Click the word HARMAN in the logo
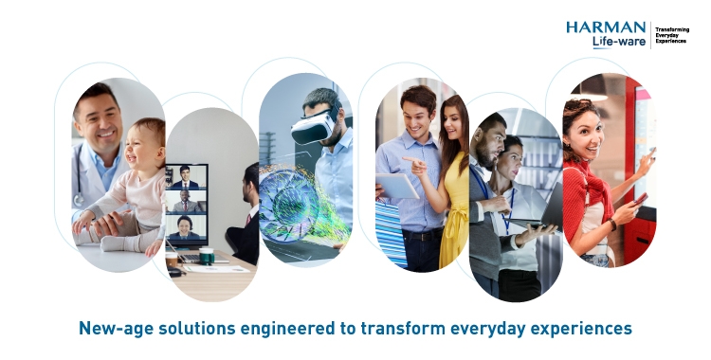pyautogui.click(x=606, y=27)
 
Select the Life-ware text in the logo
pyautogui.click(x=619, y=43)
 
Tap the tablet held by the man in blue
pyautogui.click(x=398, y=186)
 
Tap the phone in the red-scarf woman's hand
pyautogui.click(x=642, y=198)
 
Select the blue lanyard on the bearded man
pyautogui.click(x=485, y=186)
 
